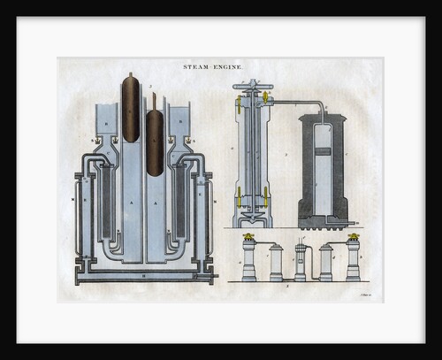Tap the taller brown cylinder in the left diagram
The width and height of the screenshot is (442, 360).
click(131, 108)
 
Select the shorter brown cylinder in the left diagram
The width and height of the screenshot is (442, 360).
click(155, 142)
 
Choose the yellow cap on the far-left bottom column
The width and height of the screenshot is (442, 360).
click(249, 237)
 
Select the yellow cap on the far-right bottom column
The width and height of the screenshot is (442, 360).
click(353, 237)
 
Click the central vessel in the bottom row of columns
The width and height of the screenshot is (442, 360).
click(301, 262)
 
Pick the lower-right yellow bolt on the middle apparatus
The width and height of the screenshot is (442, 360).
click(268, 192)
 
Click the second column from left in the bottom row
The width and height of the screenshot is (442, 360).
click(276, 262)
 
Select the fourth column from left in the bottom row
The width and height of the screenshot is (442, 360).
click(326, 262)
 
